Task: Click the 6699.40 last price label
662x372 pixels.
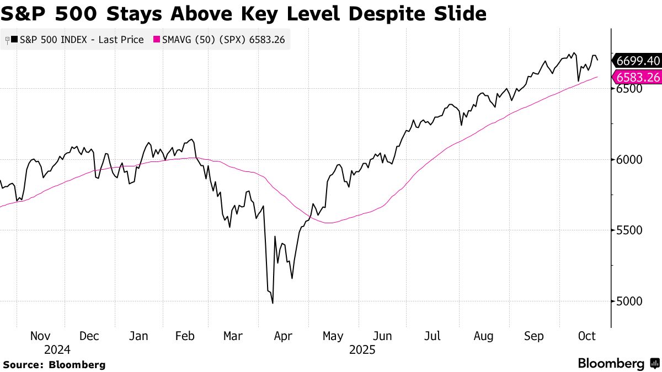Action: [x=638, y=61]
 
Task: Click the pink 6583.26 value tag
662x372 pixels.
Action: [x=638, y=77]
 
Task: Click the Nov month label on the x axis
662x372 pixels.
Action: [x=41, y=336]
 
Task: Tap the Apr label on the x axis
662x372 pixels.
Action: [x=284, y=336]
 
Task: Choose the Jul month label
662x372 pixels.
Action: [x=433, y=336]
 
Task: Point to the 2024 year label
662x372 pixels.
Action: [x=58, y=350]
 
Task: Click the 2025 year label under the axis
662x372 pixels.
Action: [x=362, y=350]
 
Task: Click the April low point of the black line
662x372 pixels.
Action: [x=273, y=303]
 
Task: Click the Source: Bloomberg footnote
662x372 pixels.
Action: [x=54, y=364]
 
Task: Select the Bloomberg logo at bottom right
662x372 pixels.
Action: [x=618, y=364]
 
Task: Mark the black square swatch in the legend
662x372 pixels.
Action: [x=14, y=40]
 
